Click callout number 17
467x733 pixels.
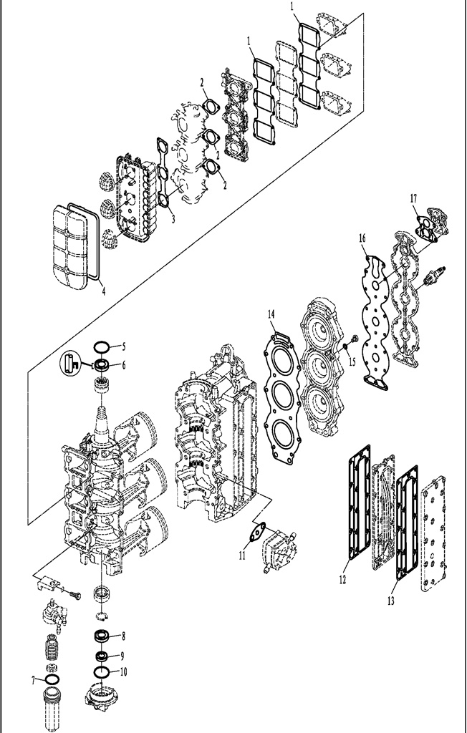(x=413, y=199)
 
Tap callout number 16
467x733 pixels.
(x=362, y=238)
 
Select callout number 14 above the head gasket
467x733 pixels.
(x=271, y=314)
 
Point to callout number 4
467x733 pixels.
(x=103, y=291)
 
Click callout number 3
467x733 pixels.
(x=173, y=218)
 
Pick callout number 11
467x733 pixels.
(x=242, y=555)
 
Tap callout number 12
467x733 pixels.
(x=342, y=580)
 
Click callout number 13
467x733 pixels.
(x=391, y=601)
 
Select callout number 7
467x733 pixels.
(x=33, y=681)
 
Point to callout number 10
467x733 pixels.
(x=123, y=671)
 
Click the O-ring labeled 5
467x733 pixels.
(x=101, y=346)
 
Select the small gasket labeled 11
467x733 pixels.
(x=257, y=532)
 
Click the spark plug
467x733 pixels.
(x=433, y=277)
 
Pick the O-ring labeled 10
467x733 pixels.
(x=102, y=671)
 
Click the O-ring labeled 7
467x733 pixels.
(x=52, y=679)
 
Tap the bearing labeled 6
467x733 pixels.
(x=102, y=364)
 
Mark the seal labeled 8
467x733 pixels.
(x=102, y=636)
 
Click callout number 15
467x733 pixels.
(x=352, y=361)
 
